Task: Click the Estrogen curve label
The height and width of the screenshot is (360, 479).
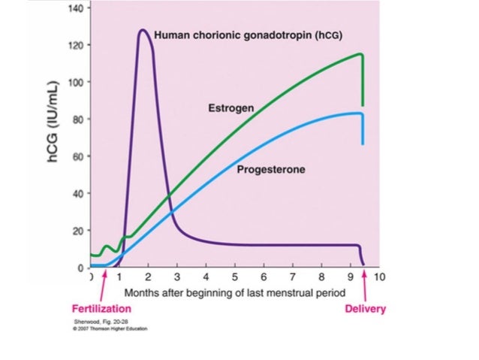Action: [230, 108]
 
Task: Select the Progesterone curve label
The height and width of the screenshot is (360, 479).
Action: [271, 169]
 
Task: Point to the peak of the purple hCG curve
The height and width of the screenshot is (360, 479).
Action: [142, 31]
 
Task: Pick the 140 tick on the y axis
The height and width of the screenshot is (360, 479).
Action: [78, 8]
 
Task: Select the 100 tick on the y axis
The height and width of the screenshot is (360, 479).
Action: [78, 82]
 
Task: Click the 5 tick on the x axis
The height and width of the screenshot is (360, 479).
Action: [235, 277]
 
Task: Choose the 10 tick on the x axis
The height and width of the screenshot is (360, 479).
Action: [379, 277]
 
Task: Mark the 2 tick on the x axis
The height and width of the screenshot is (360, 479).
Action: [149, 277]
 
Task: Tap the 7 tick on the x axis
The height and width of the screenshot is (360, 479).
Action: [293, 277]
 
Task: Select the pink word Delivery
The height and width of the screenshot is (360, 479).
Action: [365, 309]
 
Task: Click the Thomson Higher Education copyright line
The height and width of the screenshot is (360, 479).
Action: [107, 328]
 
